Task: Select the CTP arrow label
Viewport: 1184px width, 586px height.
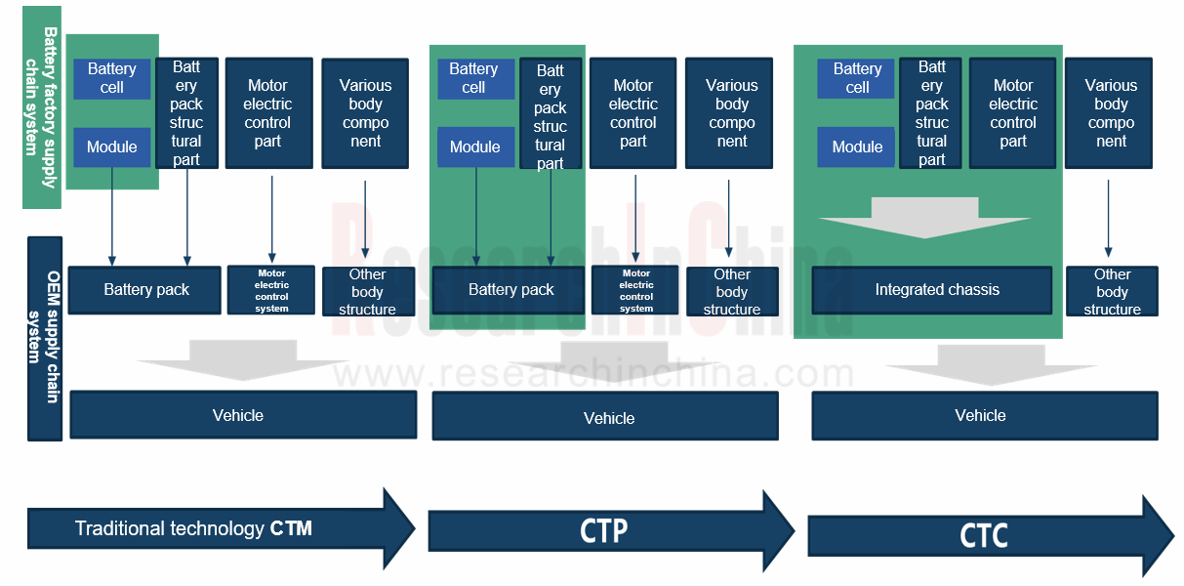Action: tap(603, 530)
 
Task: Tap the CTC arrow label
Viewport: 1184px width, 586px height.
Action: tap(983, 536)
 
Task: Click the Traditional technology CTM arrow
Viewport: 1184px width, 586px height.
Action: tap(195, 528)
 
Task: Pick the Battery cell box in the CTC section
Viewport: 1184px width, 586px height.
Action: tap(857, 78)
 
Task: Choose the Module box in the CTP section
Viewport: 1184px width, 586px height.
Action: tap(475, 146)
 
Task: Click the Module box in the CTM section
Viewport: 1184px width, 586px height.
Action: tap(112, 146)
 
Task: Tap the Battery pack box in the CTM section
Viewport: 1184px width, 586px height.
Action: tap(145, 290)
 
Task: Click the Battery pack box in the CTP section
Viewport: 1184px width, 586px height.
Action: tap(510, 290)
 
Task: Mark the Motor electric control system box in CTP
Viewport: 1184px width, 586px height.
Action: tap(635, 291)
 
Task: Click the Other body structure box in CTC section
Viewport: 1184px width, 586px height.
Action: tap(1111, 291)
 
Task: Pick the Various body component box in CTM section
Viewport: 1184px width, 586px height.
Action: tap(365, 113)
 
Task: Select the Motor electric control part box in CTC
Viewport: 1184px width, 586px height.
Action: tap(1012, 113)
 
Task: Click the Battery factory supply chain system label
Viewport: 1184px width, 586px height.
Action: tap(42, 107)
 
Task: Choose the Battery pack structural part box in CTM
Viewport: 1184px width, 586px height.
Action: tap(185, 113)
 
